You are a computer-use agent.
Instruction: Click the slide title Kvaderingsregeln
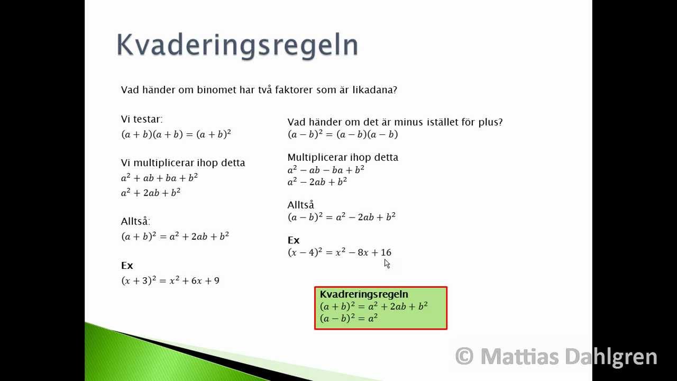pos(237,44)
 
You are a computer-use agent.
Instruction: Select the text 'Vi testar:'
pos(142,120)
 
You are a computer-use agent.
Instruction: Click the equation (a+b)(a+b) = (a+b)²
pos(176,134)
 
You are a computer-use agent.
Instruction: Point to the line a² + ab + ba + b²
pos(159,178)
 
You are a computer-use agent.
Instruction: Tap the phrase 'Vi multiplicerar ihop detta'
pos(183,163)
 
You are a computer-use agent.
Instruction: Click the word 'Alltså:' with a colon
pos(135,222)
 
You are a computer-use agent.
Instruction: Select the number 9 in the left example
pos(216,280)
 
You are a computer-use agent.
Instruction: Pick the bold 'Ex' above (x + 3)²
pos(127,266)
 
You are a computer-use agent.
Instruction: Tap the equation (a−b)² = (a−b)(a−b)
pos(343,134)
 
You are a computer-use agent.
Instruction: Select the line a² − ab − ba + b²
pos(326,170)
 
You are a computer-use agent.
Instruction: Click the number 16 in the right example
pos(386,252)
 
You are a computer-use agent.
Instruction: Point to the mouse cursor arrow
pos(387,263)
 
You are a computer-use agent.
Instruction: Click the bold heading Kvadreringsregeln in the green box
pos(364,294)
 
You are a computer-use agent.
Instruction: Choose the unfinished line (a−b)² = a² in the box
pos(349,319)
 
